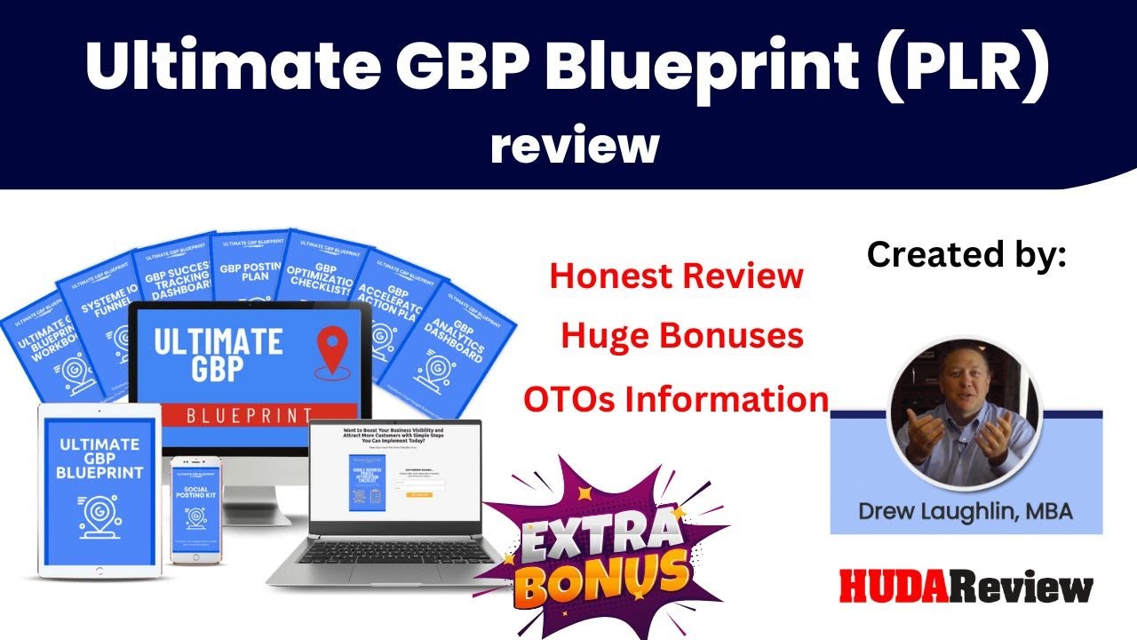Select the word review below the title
click(575, 144)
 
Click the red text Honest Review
click(676, 276)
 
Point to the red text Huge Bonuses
click(682, 336)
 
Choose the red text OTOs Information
click(675, 399)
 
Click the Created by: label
click(966, 255)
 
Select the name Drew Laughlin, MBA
click(966, 511)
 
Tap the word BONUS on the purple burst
click(604, 578)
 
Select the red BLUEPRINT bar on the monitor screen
click(248, 414)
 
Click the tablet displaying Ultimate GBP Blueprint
click(99, 489)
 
